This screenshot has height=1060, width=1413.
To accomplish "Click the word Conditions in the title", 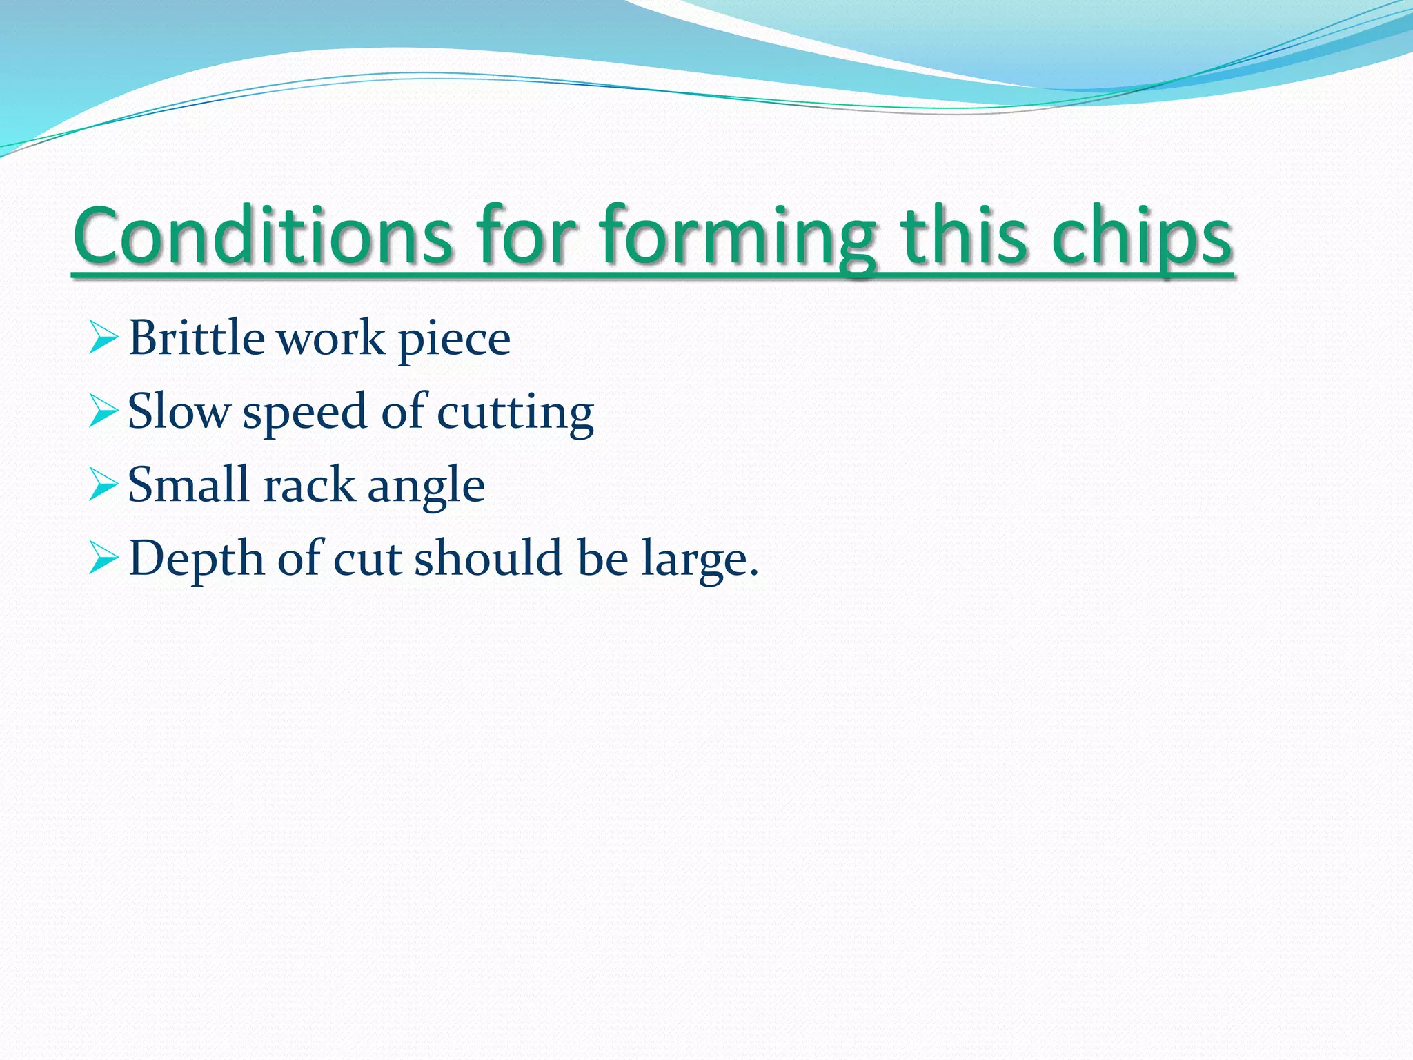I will (263, 236).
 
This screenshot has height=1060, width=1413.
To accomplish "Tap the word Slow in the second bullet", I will (179, 412).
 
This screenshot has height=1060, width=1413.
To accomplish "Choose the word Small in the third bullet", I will (188, 484).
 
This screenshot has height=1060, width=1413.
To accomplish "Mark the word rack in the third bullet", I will (308, 485).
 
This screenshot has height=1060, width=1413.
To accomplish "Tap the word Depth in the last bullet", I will (197, 558).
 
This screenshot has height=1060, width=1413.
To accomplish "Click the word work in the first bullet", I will (330, 339).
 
